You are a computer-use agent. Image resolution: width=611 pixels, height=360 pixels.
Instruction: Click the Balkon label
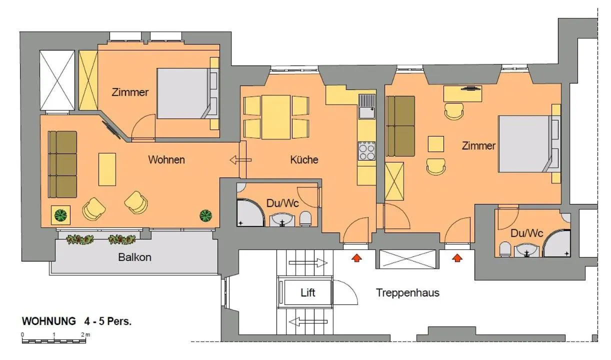pos(134,258)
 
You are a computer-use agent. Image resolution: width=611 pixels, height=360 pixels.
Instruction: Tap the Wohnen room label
pos(166,160)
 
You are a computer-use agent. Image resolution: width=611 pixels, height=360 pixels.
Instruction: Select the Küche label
pos(304,160)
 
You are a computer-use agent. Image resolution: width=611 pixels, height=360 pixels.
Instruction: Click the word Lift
pos(308,293)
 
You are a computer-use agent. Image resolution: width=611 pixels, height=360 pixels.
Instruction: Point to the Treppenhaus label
pos(407,293)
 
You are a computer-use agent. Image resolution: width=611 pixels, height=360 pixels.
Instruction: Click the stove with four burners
pos(366,150)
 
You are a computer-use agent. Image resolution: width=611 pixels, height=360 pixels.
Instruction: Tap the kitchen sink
pos(366,106)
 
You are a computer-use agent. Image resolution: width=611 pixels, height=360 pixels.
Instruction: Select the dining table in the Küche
pos(276,117)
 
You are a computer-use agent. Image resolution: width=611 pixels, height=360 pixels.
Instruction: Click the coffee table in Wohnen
pos(107,168)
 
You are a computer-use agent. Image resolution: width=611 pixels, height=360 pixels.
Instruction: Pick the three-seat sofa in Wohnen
pos(62,164)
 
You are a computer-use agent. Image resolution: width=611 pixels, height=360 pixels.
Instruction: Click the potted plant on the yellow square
pos(60,215)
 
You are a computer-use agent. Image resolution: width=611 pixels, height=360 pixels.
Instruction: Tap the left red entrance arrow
pos(356,258)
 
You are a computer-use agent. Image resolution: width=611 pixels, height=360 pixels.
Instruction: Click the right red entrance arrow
pos(456,258)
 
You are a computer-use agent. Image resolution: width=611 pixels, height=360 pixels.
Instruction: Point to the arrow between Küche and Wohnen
pos(240,160)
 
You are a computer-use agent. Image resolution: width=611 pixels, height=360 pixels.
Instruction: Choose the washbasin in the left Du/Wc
pos(283,219)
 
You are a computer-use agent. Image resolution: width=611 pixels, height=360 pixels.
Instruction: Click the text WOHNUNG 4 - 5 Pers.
pos(76,321)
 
